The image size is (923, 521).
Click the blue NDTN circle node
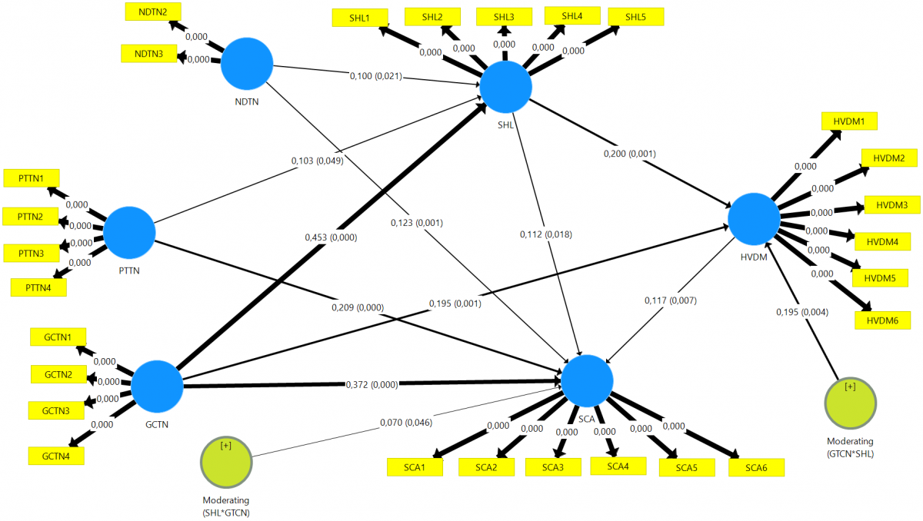(248, 64)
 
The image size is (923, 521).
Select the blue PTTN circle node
(129, 232)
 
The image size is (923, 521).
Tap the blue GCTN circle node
(157, 386)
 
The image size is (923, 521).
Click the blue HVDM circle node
(754, 220)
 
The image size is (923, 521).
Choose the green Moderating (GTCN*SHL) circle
(850, 403)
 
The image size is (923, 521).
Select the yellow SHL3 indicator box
(503, 16)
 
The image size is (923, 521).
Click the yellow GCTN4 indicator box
(57, 455)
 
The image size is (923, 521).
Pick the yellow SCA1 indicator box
(415, 466)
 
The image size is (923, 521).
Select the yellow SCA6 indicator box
(756, 466)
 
